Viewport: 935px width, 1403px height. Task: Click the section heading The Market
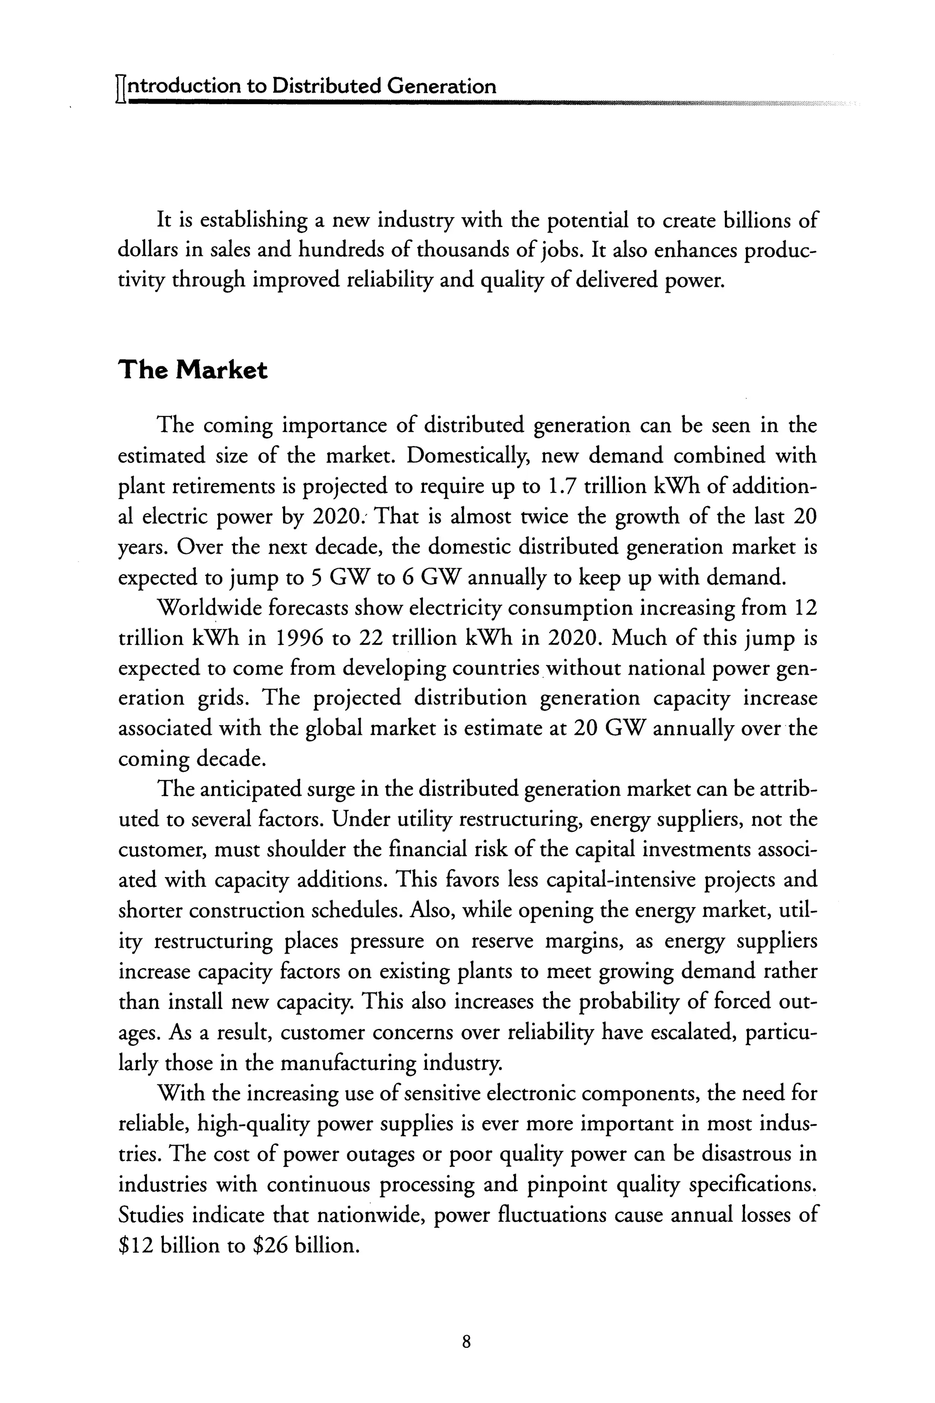(193, 370)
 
